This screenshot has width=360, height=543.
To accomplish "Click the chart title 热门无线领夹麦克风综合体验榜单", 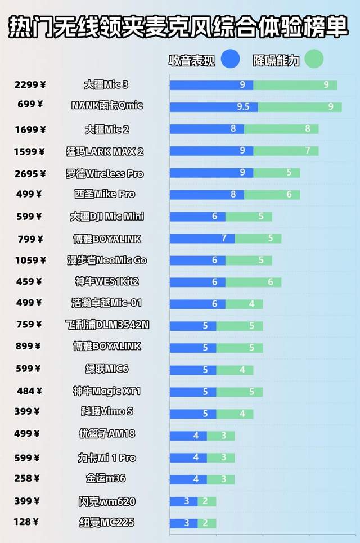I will pos(179,26).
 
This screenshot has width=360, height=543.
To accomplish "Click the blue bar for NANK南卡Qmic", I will pos(214,107).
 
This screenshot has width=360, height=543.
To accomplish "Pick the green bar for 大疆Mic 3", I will pos(295,85).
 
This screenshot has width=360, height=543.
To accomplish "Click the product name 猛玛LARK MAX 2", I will pos(105,151).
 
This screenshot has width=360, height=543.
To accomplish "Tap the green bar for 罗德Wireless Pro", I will pos(276,173).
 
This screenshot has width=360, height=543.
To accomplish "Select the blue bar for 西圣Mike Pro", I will pos(207,195).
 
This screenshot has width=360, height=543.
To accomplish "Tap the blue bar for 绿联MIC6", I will pos(193,370).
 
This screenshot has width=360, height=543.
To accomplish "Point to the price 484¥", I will pos(29,391).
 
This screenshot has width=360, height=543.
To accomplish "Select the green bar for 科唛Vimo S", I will pos(235,414).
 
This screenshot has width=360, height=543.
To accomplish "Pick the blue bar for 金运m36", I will pos(188,479).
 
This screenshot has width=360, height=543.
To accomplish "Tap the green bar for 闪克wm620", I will pos(206,501).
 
